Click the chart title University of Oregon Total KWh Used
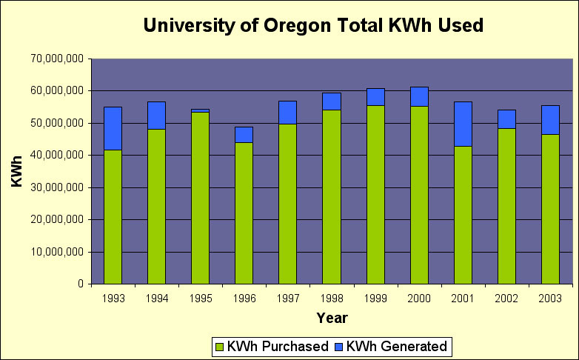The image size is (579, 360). click(x=313, y=26)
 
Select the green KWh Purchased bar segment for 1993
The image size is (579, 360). click(x=113, y=217)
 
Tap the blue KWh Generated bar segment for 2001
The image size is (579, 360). click(x=463, y=124)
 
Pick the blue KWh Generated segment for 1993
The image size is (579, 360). click(x=113, y=128)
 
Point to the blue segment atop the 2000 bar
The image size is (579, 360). click(x=419, y=96)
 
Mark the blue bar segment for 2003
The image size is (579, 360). click(x=550, y=119)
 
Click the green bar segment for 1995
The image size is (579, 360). click(x=200, y=198)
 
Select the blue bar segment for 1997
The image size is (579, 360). click(x=287, y=113)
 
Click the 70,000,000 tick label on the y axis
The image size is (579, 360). click(x=58, y=59)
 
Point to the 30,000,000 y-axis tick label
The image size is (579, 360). click(x=58, y=187)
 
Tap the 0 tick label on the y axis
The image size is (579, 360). click(x=79, y=284)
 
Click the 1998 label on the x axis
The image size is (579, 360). click(x=332, y=299)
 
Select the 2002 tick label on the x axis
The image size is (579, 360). click(x=506, y=299)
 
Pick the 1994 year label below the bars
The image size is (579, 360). click(x=157, y=299)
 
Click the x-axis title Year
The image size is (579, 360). click(x=332, y=318)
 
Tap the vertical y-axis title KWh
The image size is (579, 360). click(x=16, y=171)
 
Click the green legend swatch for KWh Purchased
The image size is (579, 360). click(x=218, y=346)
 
